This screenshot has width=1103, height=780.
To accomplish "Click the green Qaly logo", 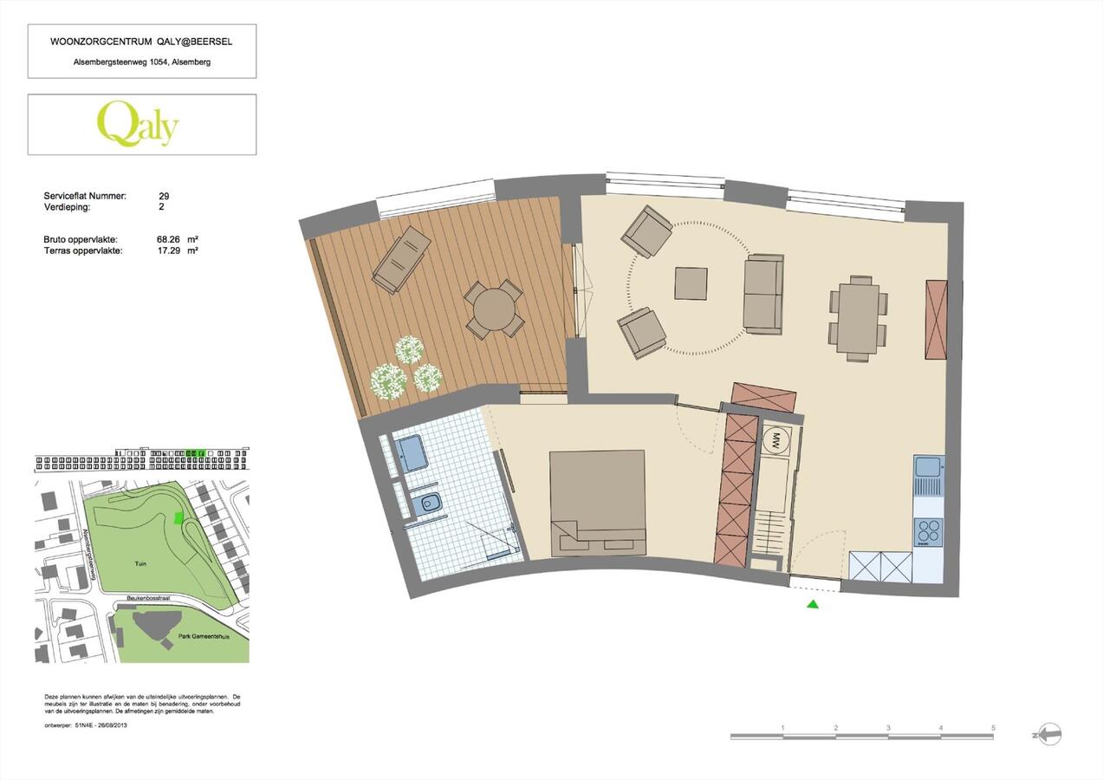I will (138, 124).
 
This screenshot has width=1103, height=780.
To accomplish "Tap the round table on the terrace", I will (494, 309).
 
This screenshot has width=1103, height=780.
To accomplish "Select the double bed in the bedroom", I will (598, 502).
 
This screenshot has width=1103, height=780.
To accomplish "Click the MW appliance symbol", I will (775, 439).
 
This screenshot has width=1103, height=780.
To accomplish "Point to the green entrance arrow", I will (813, 604).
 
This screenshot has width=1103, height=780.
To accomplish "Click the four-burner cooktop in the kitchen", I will (928, 531).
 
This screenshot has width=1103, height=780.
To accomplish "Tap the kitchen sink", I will (928, 467).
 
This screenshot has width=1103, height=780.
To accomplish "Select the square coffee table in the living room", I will (691, 283).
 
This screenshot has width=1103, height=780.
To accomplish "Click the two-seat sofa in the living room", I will (763, 294).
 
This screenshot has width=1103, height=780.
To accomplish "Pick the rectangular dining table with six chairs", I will (858, 318).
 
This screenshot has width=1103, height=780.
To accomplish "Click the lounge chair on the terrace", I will (401, 259).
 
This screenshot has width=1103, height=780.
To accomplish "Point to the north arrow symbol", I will (1048, 735).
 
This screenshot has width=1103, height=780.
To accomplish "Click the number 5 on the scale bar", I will (993, 728).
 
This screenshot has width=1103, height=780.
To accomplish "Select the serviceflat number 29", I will (164, 197).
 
